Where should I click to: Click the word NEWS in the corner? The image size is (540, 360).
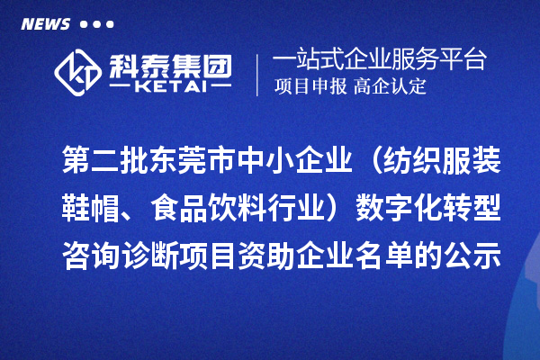45,24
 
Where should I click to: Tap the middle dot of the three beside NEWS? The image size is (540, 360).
96,25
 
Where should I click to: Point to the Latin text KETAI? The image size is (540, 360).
170,87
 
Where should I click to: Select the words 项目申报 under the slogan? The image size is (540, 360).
311,88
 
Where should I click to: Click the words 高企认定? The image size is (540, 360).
390,88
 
